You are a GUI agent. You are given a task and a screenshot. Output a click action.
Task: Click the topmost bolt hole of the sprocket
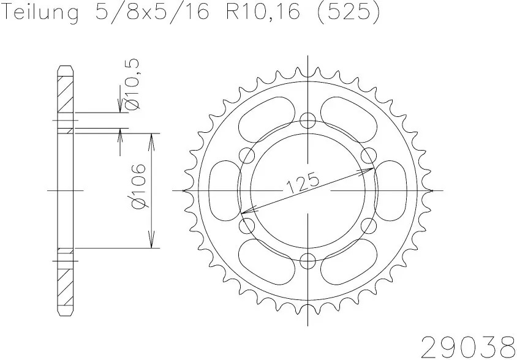[309, 119]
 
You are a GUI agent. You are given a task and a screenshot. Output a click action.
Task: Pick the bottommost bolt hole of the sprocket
[309, 263]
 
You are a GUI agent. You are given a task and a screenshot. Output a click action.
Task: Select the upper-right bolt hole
[370, 154]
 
